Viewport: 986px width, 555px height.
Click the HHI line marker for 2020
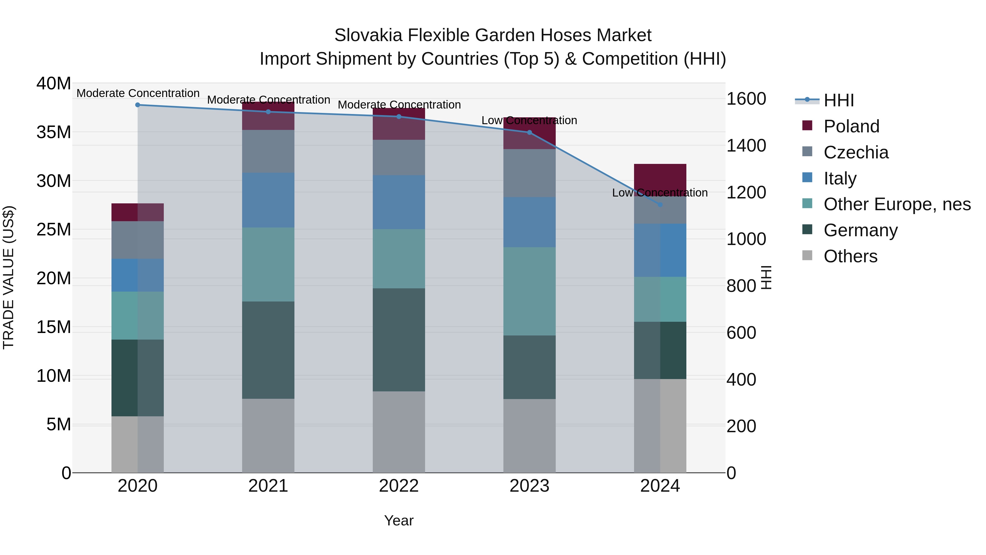point(138,105)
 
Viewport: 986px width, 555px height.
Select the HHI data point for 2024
point(660,205)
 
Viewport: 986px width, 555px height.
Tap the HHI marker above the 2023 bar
point(529,133)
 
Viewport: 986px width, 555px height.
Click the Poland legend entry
point(851,126)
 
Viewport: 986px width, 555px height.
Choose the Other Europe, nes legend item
point(897,204)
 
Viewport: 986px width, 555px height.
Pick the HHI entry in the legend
point(838,100)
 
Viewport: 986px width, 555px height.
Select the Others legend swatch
point(807,255)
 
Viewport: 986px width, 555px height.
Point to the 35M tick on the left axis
point(54,132)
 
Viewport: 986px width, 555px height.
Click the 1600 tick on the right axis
point(746,99)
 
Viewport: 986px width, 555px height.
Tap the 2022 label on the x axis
point(399,486)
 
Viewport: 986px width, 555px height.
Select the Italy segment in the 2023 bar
point(529,222)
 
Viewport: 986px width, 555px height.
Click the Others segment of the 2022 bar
point(399,432)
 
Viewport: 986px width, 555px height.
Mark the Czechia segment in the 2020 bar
point(138,240)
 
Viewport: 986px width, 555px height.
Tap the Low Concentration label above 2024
point(660,193)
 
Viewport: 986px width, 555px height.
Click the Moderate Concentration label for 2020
point(138,93)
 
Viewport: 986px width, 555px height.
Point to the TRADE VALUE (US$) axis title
point(8,277)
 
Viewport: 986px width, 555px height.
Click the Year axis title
point(399,520)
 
